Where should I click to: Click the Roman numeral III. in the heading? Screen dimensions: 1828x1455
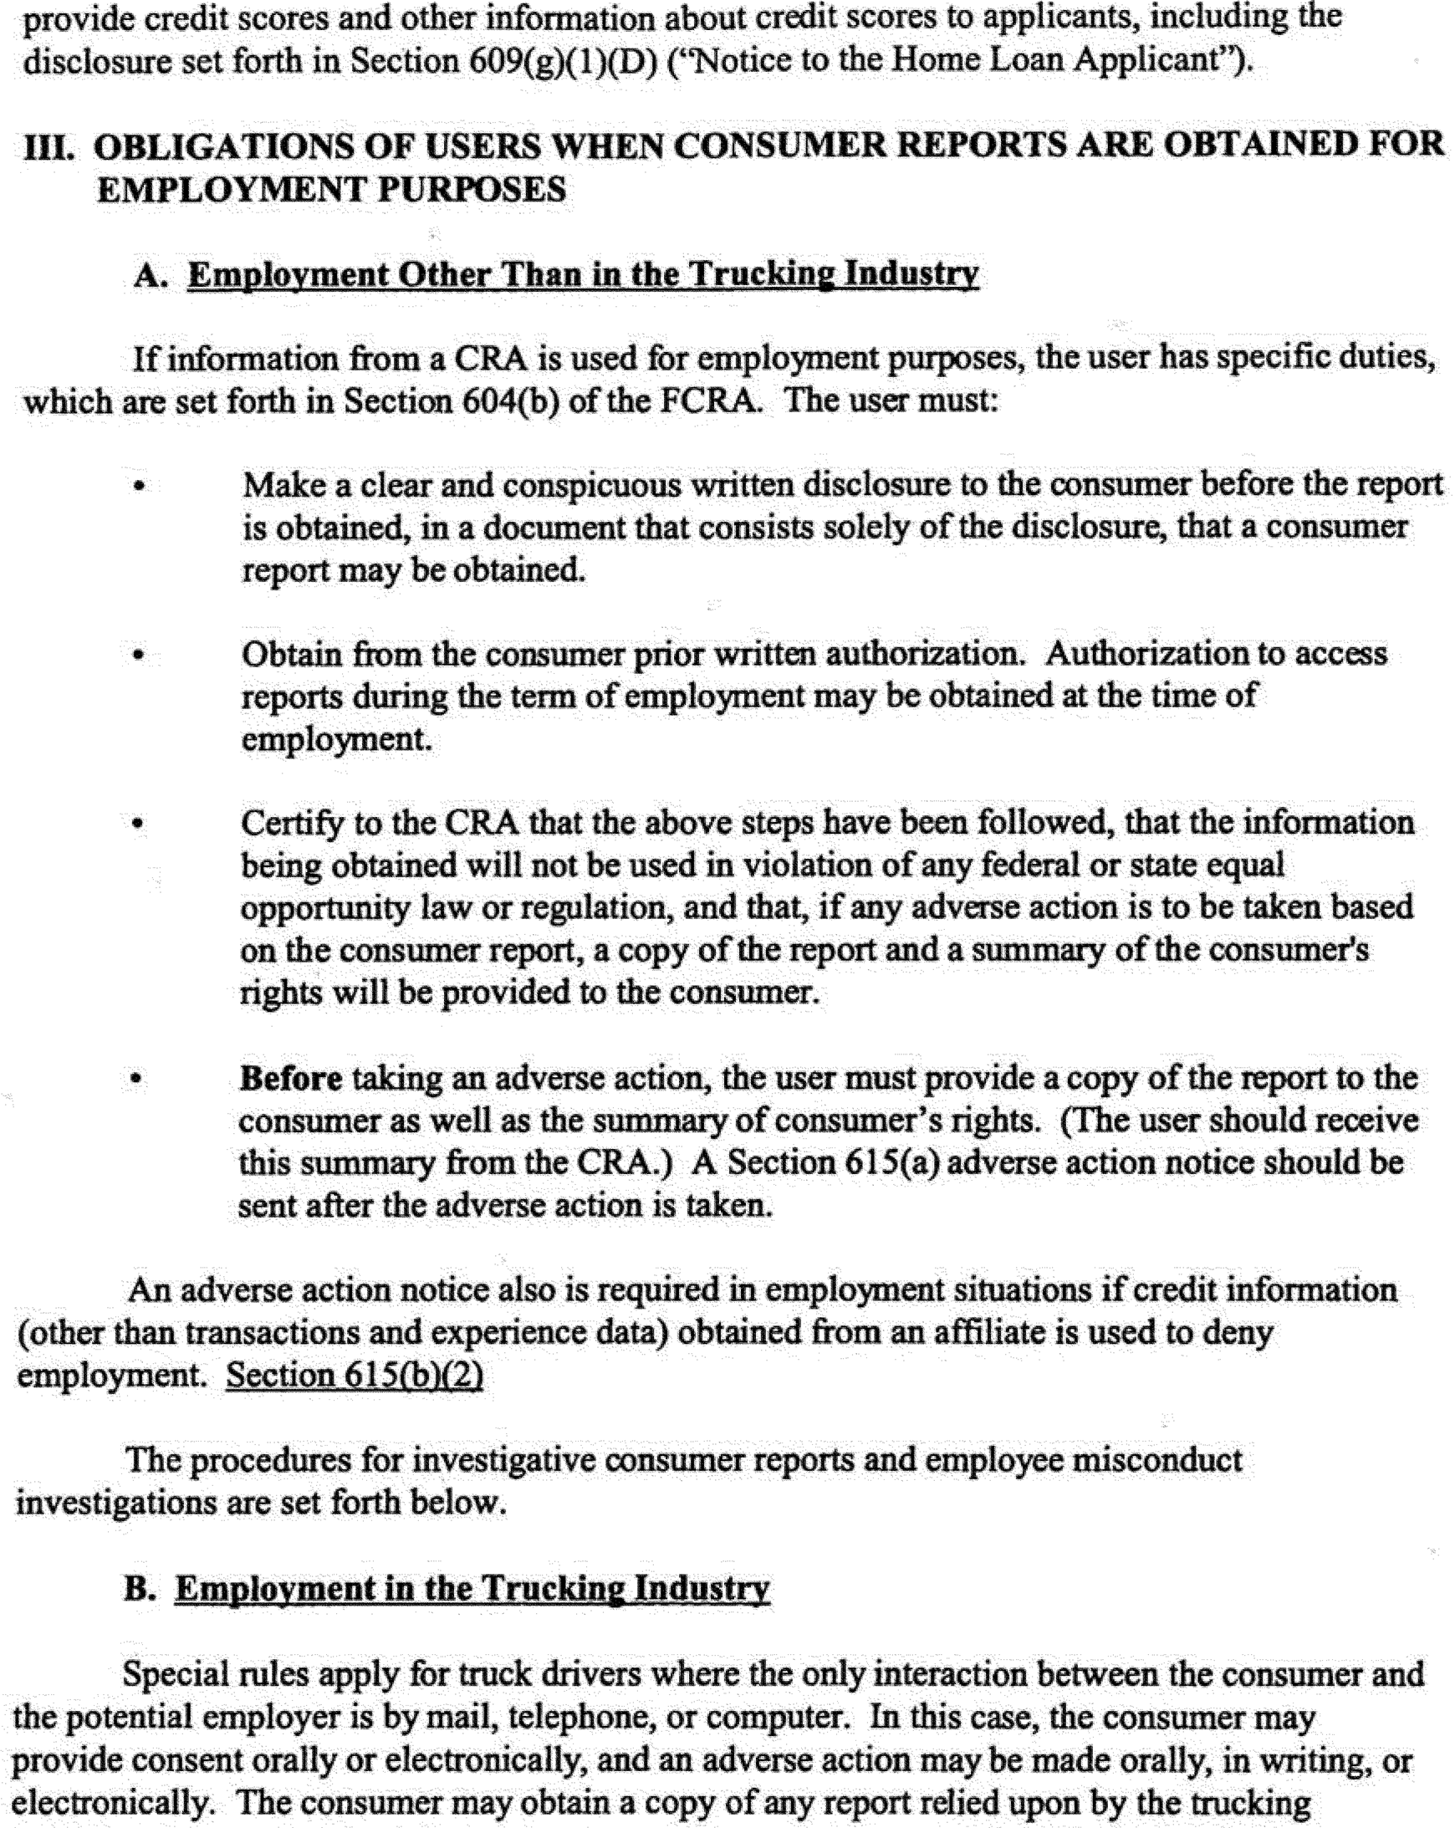point(48,147)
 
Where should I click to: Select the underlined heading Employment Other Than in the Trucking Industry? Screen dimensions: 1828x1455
point(583,276)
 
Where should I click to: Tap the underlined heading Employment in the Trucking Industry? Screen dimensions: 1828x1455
point(472,1588)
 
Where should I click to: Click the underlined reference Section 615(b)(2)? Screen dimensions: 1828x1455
point(355,1375)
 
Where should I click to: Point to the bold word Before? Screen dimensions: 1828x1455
point(291,1079)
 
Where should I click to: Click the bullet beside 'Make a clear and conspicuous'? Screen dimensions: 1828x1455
point(139,487)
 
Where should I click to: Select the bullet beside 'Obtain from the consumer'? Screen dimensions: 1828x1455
point(139,656)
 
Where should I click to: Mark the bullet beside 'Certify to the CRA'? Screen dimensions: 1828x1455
point(138,825)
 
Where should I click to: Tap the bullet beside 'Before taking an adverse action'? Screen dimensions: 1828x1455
point(135,1080)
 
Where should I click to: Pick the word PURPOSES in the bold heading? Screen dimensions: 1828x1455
point(471,190)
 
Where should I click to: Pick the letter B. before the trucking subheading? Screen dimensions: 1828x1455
point(140,1588)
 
